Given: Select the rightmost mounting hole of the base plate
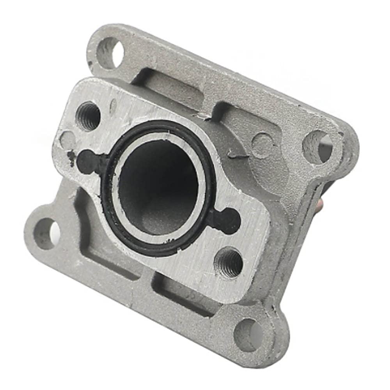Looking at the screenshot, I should tap(318, 147).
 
